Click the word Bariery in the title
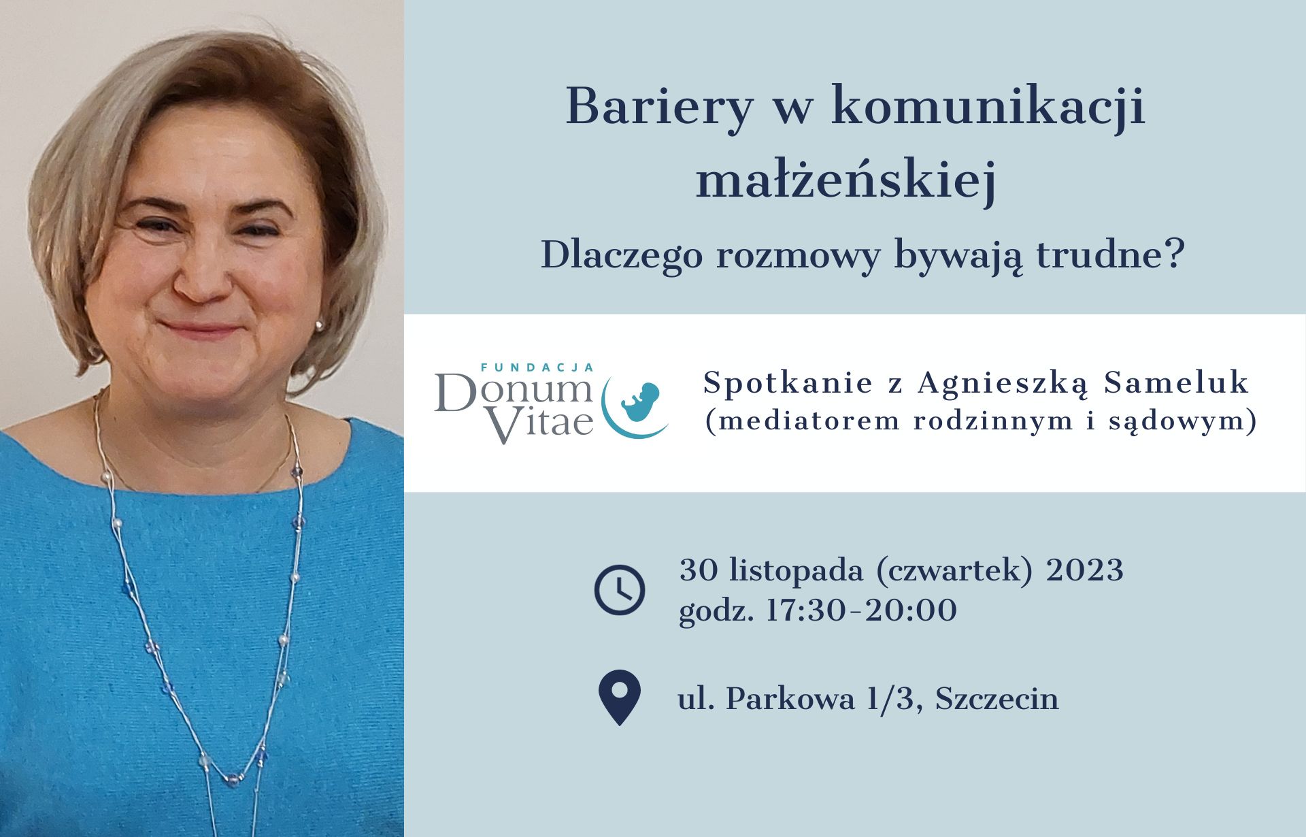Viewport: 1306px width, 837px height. click(659, 108)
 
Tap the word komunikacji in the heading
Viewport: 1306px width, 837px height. click(988, 108)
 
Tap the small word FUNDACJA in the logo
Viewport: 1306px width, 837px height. click(537, 367)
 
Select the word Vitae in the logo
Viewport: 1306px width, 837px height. click(541, 423)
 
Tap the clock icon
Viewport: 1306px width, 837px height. click(619, 589)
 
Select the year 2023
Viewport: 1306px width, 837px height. click(1084, 570)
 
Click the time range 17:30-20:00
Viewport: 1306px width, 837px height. click(861, 610)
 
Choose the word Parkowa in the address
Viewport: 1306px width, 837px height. click(790, 698)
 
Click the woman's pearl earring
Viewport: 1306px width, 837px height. click(319, 326)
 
